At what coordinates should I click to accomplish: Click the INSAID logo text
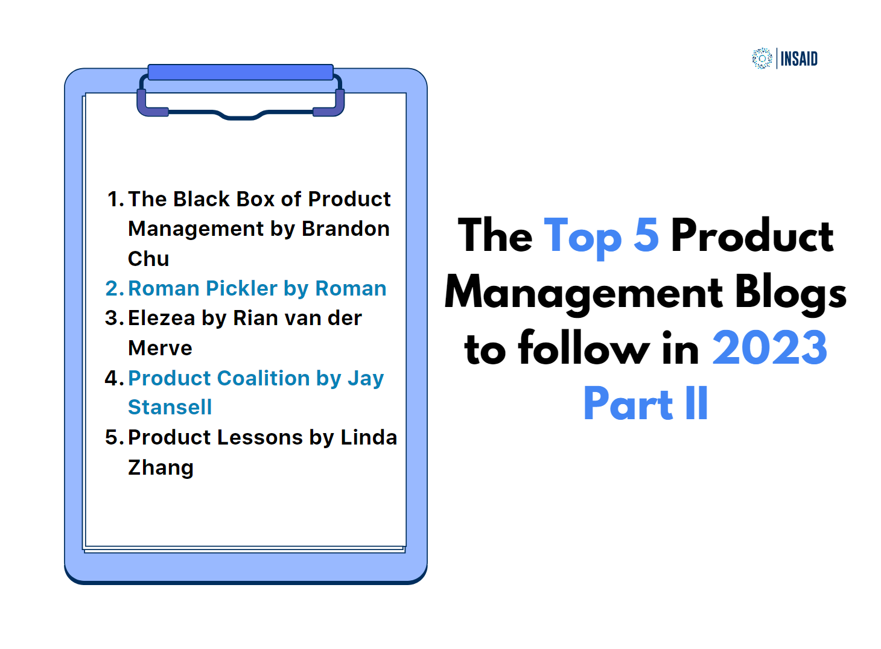click(799, 59)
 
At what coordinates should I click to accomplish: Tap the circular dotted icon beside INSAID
click(762, 59)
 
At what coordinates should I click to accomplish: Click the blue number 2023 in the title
click(769, 349)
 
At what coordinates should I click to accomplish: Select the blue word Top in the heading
click(582, 236)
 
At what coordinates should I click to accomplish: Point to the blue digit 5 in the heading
click(646, 235)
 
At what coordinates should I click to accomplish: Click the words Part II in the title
click(646, 404)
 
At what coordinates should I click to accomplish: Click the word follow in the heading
click(584, 349)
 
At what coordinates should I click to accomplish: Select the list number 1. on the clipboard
click(115, 199)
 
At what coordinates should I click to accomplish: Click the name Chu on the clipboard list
click(148, 259)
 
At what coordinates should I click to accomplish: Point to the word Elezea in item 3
click(162, 318)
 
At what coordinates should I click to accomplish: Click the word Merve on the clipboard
click(160, 348)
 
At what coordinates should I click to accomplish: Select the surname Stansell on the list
click(170, 407)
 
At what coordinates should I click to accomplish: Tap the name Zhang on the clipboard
click(161, 467)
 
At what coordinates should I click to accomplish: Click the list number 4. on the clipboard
click(114, 378)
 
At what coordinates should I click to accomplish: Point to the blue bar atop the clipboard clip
click(240, 72)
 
